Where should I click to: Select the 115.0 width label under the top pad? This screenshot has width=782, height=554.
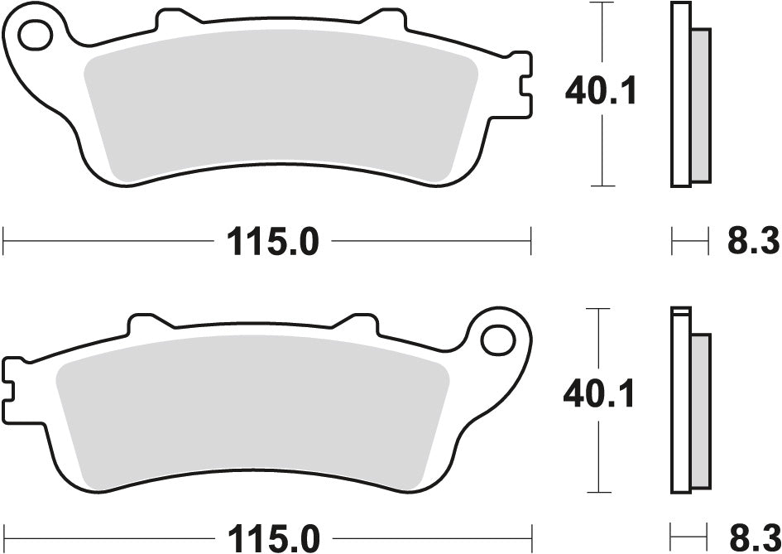(x=269, y=243)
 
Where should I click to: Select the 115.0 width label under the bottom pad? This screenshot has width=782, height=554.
(x=269, y=538)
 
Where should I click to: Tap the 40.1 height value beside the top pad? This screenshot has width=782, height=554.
(x=601, y=91)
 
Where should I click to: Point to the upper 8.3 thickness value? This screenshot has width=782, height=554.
(x=753, y=243)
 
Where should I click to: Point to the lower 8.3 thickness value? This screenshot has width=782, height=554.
(x=753, y=538)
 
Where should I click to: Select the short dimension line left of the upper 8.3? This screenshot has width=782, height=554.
(x=689, y=243)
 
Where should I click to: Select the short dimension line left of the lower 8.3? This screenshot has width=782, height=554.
(x=689, y=538)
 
